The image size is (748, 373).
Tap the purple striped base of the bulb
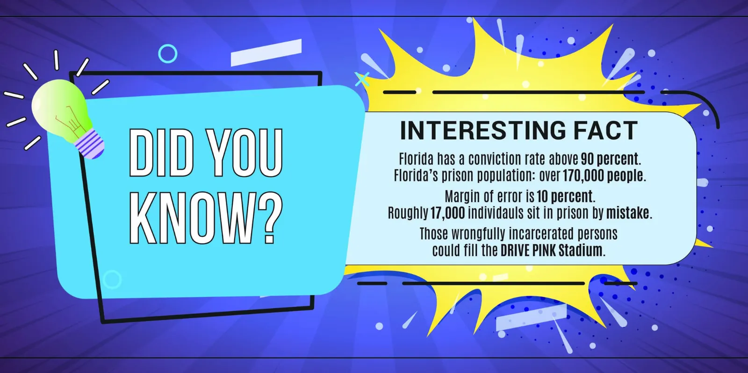point(89,144)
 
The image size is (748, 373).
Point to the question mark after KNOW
point(269,218)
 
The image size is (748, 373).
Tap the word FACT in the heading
point(606,131)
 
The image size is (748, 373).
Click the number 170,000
point(583,176)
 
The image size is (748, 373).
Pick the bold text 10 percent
point(565,197)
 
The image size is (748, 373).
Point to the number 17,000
point(447,213)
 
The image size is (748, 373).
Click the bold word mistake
point(628,213)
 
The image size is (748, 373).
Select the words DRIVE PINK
point(528,250)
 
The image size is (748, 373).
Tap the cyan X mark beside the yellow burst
point(362,79)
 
